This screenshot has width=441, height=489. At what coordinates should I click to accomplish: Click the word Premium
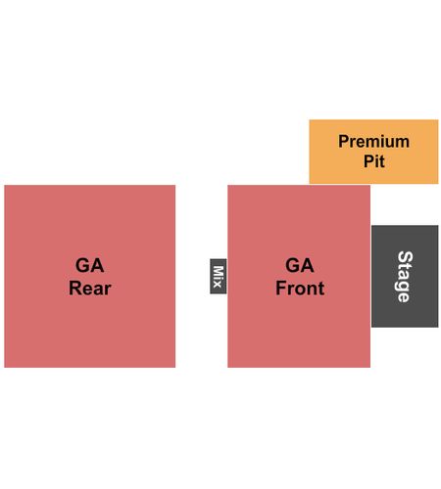[x=373, y=142]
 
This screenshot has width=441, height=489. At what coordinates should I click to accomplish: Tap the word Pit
[x=374, y=161]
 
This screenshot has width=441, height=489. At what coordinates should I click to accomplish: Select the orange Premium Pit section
[x=373, y=152]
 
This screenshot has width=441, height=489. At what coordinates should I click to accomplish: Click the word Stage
[x=405, y=277]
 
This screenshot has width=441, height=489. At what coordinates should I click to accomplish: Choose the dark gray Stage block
[x=405, y=276]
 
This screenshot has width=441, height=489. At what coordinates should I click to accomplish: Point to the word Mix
[x=219, y=276]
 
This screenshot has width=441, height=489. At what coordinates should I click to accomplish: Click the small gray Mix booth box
[x=219, y=276]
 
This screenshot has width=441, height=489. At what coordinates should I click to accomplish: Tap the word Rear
[x=90, y=289]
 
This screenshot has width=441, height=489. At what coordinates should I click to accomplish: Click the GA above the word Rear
[x=90, y=265]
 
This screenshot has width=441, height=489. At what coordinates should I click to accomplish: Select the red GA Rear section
[x=90, y=276]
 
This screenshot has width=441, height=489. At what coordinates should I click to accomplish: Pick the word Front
[x=300, y=289]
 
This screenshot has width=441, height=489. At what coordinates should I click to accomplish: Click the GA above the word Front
[x=300, y=265]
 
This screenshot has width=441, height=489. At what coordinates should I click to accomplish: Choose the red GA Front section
[x=299, y=276]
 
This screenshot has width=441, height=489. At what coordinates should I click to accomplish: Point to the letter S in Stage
[x=406, y=257]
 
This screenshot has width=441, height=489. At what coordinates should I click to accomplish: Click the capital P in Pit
[x=369, y=161]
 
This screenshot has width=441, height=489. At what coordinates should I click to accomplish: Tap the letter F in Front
[x=281, y=289]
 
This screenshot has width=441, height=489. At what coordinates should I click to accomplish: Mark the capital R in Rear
[x=75, y=289]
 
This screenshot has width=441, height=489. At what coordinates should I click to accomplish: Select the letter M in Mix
[x=219, y=271]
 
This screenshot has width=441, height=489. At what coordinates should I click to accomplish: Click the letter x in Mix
[x=218, y=285]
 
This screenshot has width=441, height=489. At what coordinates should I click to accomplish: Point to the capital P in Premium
[x=344, y=142]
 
